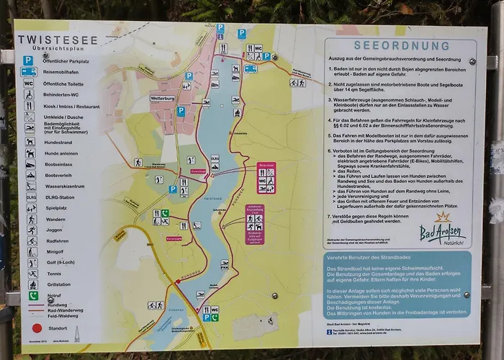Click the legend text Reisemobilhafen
(x=62, y=72)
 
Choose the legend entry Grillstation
(x=59, y=284)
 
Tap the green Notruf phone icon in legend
(x=32, y=295)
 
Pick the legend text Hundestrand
(x=59, y=142)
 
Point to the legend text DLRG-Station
(x=60, y=197)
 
